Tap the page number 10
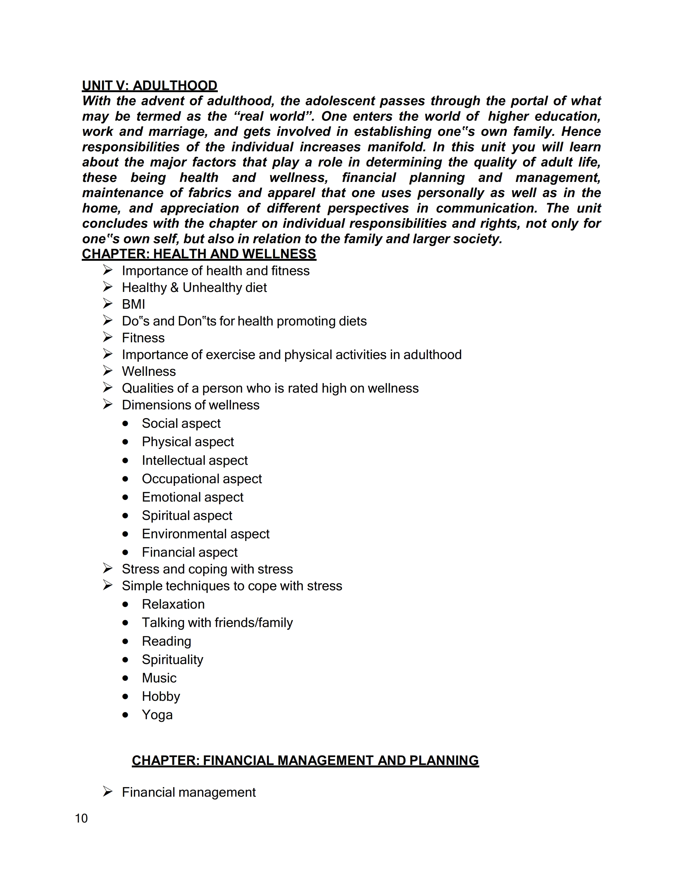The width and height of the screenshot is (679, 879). [x=81, y=818]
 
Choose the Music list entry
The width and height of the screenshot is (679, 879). [x=159, y=678]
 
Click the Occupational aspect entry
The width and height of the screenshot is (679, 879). [x=202, y=479]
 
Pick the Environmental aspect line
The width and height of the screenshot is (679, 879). [x=206, y=534]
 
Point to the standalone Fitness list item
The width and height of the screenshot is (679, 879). [x=143, y=338]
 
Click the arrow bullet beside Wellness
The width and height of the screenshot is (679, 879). [x=107, y=371]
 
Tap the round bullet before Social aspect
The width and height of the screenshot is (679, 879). [x=125, y=424]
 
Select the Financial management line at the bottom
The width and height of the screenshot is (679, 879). [x=189, y=792]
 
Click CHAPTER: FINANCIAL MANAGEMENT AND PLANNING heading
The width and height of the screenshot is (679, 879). [x=305, y=760]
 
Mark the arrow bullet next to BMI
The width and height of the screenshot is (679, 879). [x=107, y=303]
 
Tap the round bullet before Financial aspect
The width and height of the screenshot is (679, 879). [x=125, y=552]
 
